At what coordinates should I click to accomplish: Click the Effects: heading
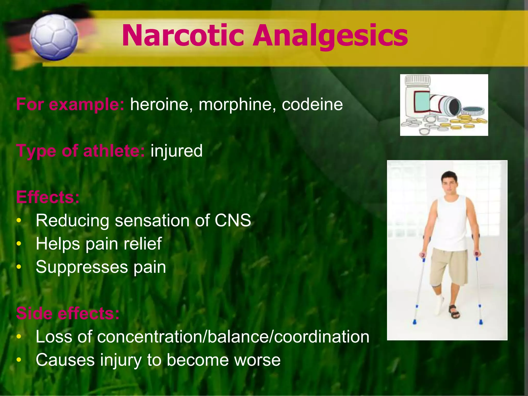tap(48, 197)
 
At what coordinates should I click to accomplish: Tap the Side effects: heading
tap(68, 313)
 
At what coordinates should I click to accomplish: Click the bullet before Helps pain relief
tap(19, 244)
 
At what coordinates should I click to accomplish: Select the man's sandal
tap(454, 311)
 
